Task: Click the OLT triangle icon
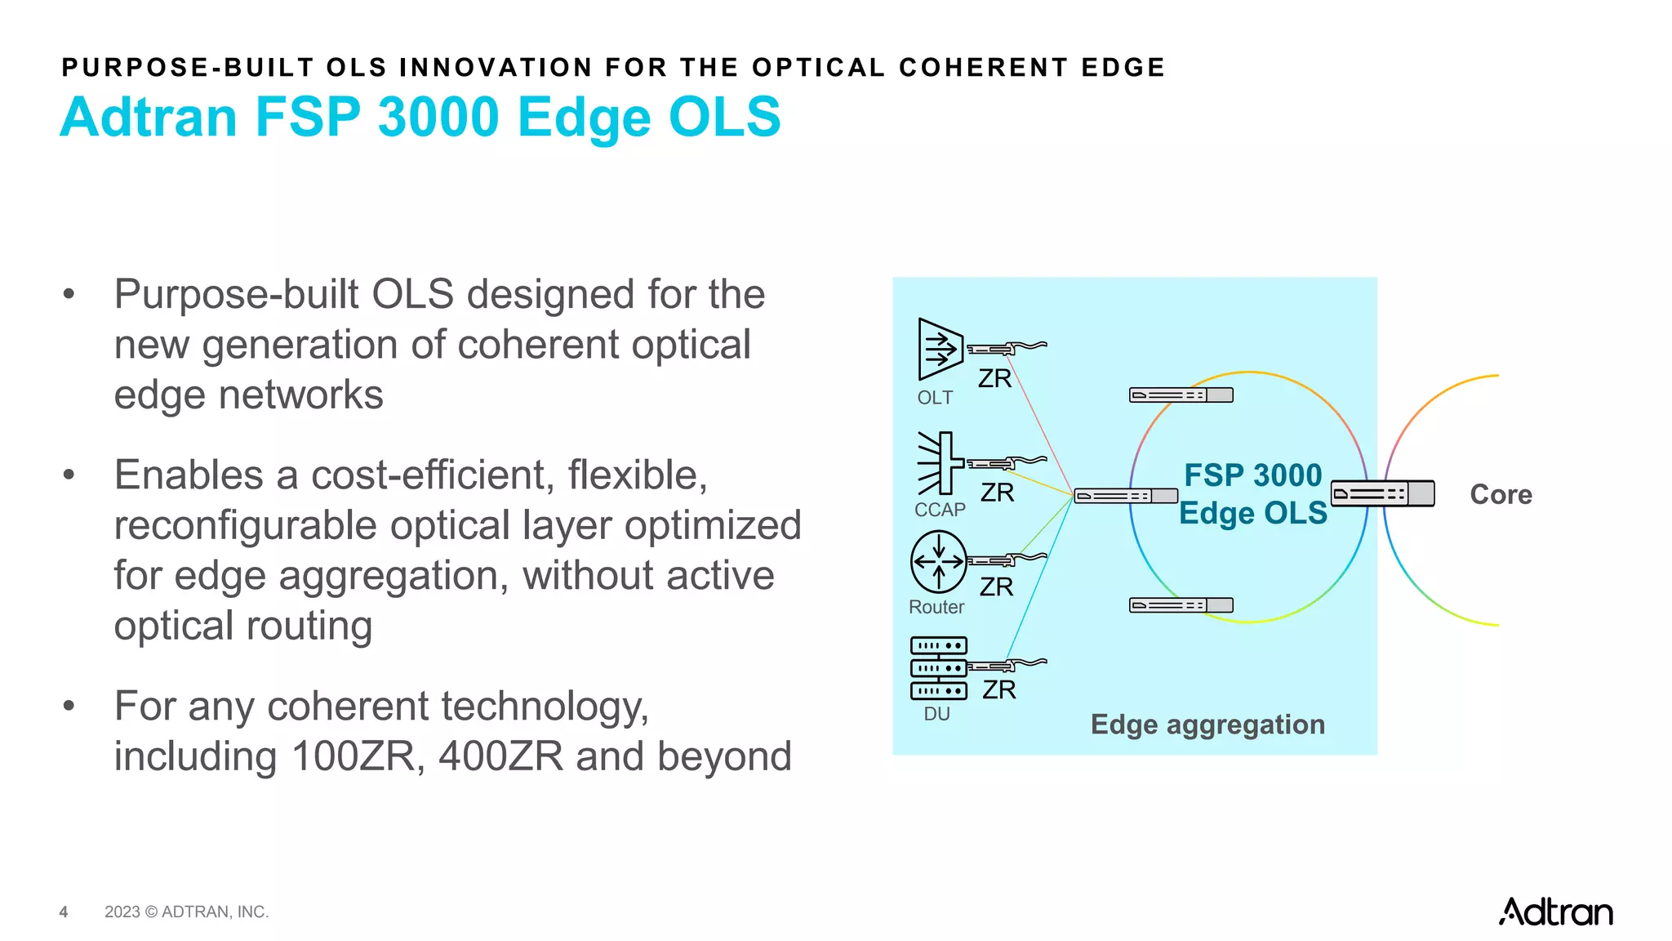pos(939,349)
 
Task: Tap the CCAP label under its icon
pos(940,510)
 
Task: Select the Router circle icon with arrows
pos(939,561)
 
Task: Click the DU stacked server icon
pos(939,668)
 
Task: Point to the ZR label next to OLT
pos(994,379)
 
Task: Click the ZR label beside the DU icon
pos(999,690)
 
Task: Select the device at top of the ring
pos(1181,395)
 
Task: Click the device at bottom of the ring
pos(1181,605)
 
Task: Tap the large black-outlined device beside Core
pos(1382,493)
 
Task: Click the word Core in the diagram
pos(1501,495)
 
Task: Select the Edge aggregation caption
pos(1207,725)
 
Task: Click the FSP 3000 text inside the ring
pos(1252,475)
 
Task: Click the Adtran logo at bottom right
pos(1555,912)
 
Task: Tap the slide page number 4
pos(64,912)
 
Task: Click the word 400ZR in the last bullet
pos(500,756)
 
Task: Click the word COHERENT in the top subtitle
pos(984,67)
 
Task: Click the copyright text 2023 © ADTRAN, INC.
pos(186,912)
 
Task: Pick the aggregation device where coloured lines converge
pos(1126,496)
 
